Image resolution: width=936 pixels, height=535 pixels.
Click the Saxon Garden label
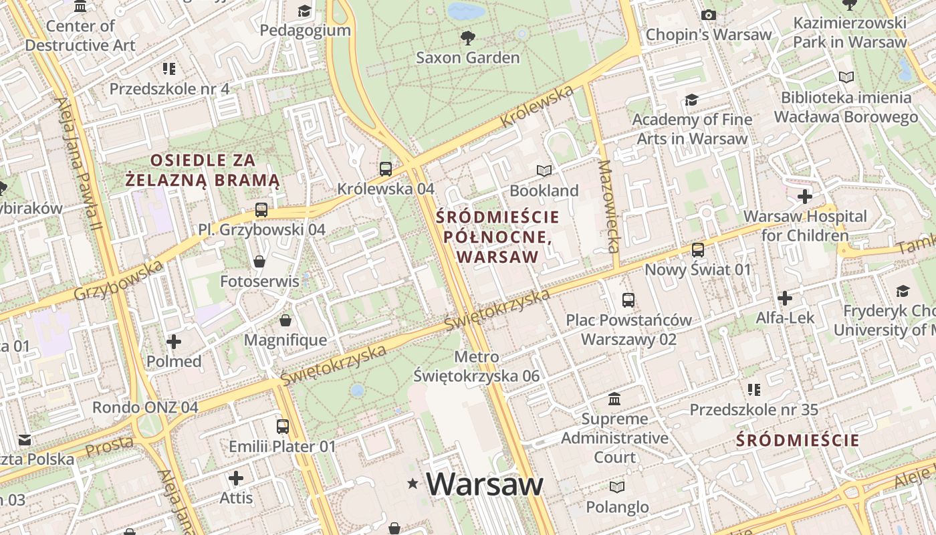pos(467,58)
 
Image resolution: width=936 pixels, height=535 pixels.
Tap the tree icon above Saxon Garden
pos(467,37)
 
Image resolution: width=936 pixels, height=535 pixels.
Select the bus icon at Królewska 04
pos(386,169)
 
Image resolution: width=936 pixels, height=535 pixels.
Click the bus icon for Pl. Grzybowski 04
pos(261,210)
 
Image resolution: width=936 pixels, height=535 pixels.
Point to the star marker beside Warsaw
pos(413,484)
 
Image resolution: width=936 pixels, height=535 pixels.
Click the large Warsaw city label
pos(485,484)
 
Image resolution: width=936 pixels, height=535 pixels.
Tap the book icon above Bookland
pos(544,171)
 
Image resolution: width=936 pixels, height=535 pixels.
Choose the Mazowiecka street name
pos(609,206)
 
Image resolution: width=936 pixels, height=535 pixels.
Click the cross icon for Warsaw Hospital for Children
pos(805,197)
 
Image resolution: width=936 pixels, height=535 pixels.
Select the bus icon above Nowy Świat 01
pos(698,250)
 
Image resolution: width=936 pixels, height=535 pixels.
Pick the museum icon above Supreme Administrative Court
pos(614,399)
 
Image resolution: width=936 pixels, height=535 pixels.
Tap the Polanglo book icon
pos(617,487)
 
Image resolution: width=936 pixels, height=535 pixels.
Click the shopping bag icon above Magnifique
pos(285,320)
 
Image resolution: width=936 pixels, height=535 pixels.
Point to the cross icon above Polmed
pos(174,342)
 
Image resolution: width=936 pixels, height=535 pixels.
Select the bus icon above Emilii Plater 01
pos(283,426)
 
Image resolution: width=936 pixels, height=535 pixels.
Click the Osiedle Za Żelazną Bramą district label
pos(203,170)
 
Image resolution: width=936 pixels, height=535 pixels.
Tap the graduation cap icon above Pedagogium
pos(305,11)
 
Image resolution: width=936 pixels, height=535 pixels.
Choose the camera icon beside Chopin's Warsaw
pos(709,15)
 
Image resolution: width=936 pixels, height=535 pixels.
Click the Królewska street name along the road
pos(536,108)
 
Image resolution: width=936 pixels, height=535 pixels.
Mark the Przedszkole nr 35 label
pos(753,409)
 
